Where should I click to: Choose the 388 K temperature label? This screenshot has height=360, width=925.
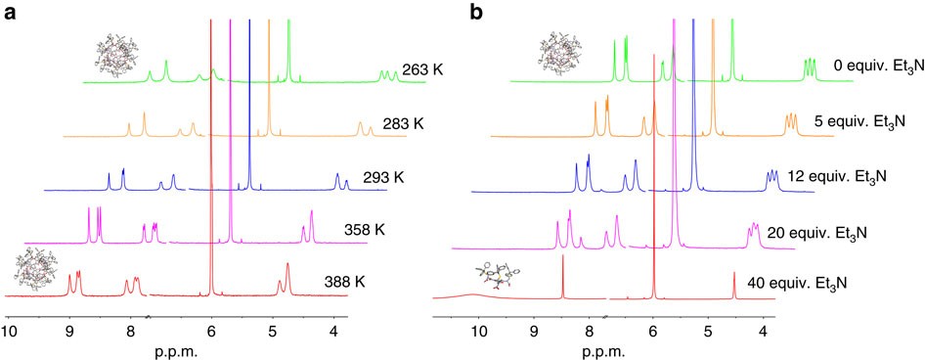345,283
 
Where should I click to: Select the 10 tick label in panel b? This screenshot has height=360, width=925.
478,332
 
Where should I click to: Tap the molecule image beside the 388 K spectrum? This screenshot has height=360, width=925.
36,268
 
